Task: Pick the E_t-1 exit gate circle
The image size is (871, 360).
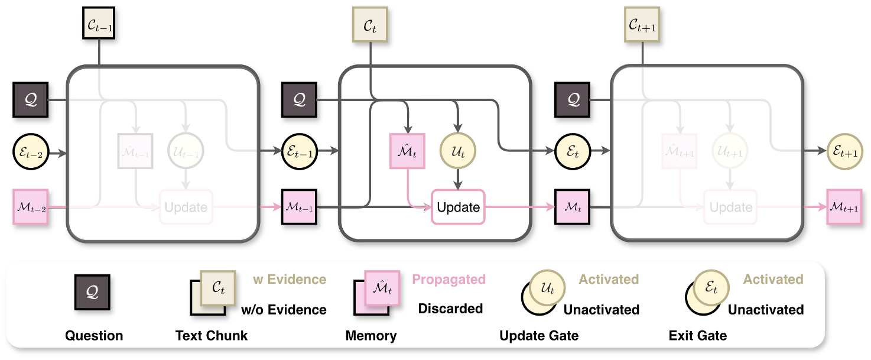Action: (x=300, y=151)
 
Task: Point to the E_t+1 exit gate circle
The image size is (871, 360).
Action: (x=844, y=151)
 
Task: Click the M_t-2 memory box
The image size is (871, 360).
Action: (x=30, y=207)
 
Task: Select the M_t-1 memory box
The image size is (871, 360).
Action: (x=300, y=207)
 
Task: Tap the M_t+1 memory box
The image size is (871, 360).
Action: (x=844, y=207)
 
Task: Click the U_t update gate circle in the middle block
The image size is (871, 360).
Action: (x=458, y=151)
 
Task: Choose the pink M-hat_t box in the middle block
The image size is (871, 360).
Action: (x=407, y=151)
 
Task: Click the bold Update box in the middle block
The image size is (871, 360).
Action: (x=458, y=207)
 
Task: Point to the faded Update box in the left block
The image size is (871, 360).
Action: (x=186, y=207)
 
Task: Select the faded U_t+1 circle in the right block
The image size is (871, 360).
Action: (x=730, y=151)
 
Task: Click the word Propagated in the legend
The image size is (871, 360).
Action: (x=448, y=279)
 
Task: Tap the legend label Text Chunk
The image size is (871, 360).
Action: (x=212, y=336)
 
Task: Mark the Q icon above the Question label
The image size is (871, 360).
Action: (x=92, y=292)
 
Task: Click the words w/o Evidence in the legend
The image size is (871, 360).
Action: (x=284, y=309)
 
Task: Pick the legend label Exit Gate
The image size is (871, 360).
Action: (x=698, y=336)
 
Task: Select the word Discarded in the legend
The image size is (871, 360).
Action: (x=450, y=309)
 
